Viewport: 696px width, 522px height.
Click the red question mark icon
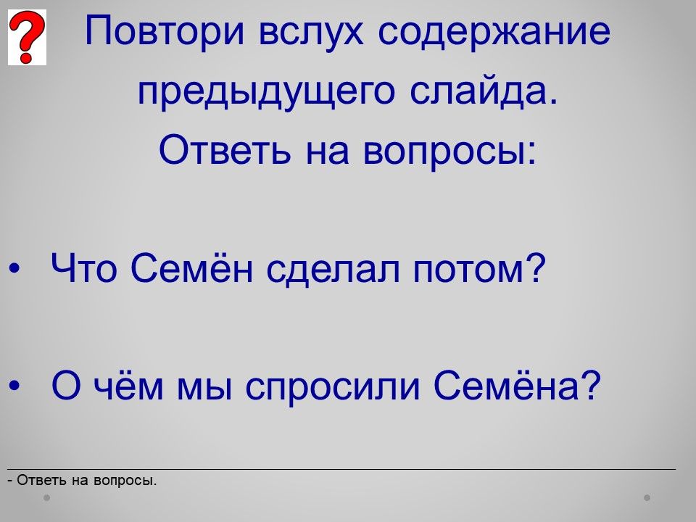point(27,37)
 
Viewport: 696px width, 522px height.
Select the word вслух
point(311,32)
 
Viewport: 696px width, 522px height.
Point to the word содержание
point(494,32)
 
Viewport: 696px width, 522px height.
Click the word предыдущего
point(266,92)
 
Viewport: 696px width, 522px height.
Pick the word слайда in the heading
point(484,91)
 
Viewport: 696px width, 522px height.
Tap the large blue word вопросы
point(449,151)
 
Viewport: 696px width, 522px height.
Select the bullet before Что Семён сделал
point(14,268)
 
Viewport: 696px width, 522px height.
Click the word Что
point(84,268)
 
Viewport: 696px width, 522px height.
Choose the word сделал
point(333,269)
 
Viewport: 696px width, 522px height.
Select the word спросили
point(333,386)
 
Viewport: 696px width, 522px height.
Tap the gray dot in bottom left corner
point(46,497)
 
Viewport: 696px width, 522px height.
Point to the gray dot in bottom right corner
point(647,497)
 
